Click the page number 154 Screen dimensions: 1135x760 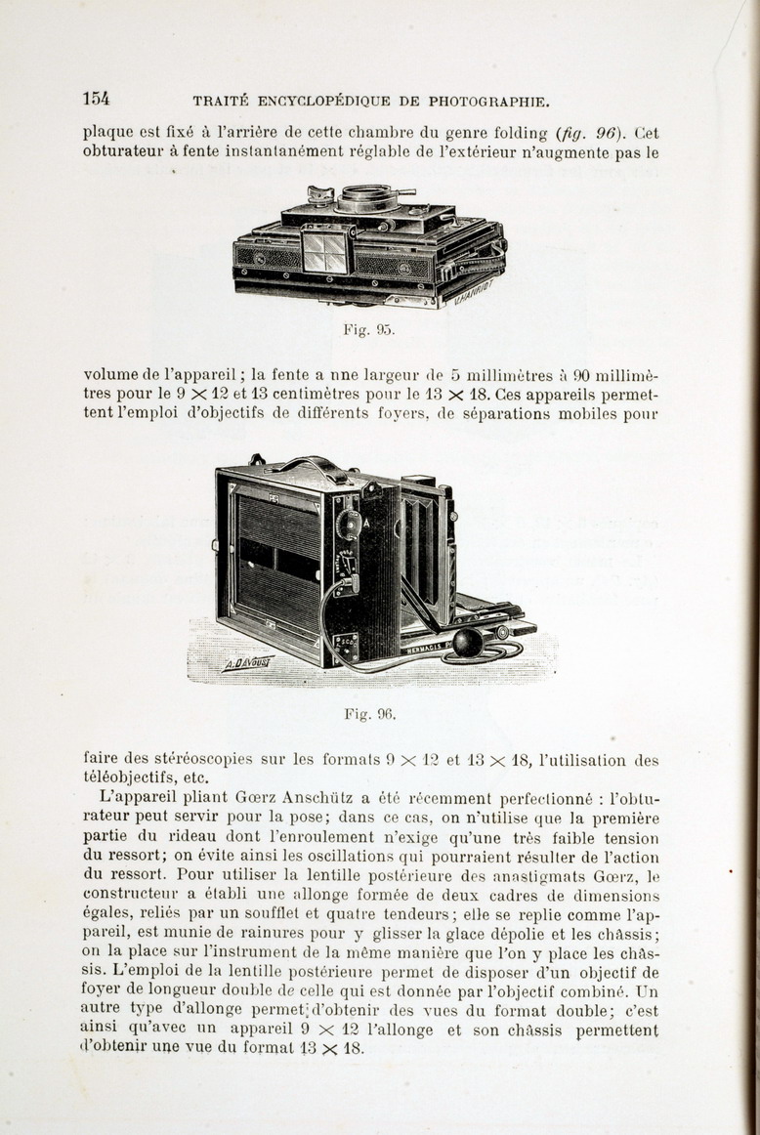[96, 98]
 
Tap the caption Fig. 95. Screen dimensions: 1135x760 [368, 330]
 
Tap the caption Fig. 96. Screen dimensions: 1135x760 [369, 714]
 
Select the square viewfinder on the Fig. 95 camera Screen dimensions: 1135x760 [325, 249]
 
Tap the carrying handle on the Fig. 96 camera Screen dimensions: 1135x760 [313, 467]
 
